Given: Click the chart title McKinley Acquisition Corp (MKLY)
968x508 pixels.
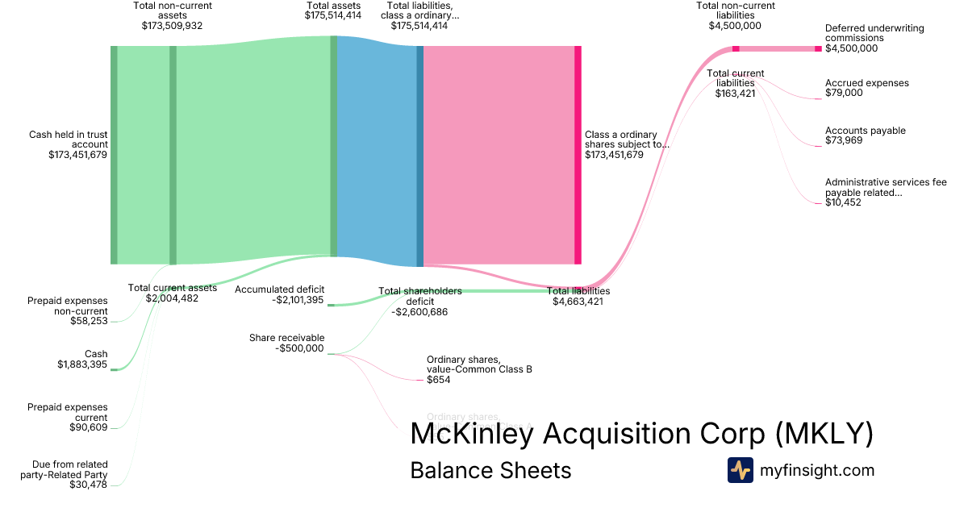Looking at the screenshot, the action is (641, 434).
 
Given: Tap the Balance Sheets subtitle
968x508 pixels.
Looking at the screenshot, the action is (490, 470).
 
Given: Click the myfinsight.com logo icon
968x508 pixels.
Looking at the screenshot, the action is (740, 470).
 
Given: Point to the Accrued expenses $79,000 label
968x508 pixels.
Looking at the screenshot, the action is (866, 88).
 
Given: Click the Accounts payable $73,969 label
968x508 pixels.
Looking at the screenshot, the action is (865, 135).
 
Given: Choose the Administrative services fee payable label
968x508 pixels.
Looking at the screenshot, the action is (885, 192).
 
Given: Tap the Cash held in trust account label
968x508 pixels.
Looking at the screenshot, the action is (68, 144).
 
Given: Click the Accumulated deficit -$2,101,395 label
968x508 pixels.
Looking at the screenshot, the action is (279, 294).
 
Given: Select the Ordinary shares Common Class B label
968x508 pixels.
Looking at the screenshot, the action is (479, 369).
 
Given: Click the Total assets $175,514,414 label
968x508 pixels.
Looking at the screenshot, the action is (333, 10).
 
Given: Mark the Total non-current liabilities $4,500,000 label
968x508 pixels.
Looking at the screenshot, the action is (735, 15).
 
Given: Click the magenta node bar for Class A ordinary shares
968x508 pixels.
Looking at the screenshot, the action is (578, 155).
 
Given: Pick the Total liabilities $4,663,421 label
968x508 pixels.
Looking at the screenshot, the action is (578, 296).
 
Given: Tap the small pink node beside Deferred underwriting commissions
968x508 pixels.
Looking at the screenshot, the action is (818, 49).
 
